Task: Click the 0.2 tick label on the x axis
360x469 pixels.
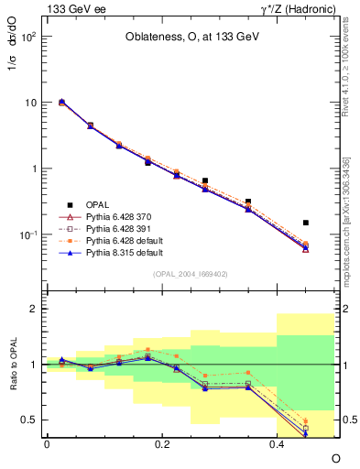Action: [161, 443]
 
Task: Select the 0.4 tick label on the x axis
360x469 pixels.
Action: [277, 443]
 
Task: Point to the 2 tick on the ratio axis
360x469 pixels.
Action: [34, 309]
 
